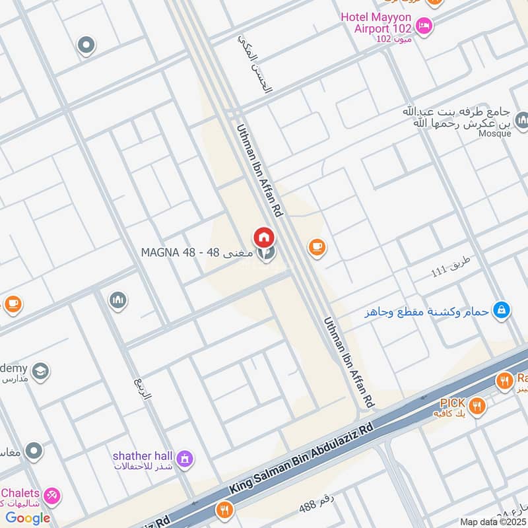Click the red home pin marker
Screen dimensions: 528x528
coord(263,237)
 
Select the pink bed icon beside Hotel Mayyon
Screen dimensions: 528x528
coord(424,27)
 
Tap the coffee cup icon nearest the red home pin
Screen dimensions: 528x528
coord(317,247)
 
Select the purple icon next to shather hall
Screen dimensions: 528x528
coord(185,457)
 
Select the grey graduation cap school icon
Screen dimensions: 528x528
coord(40,371)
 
